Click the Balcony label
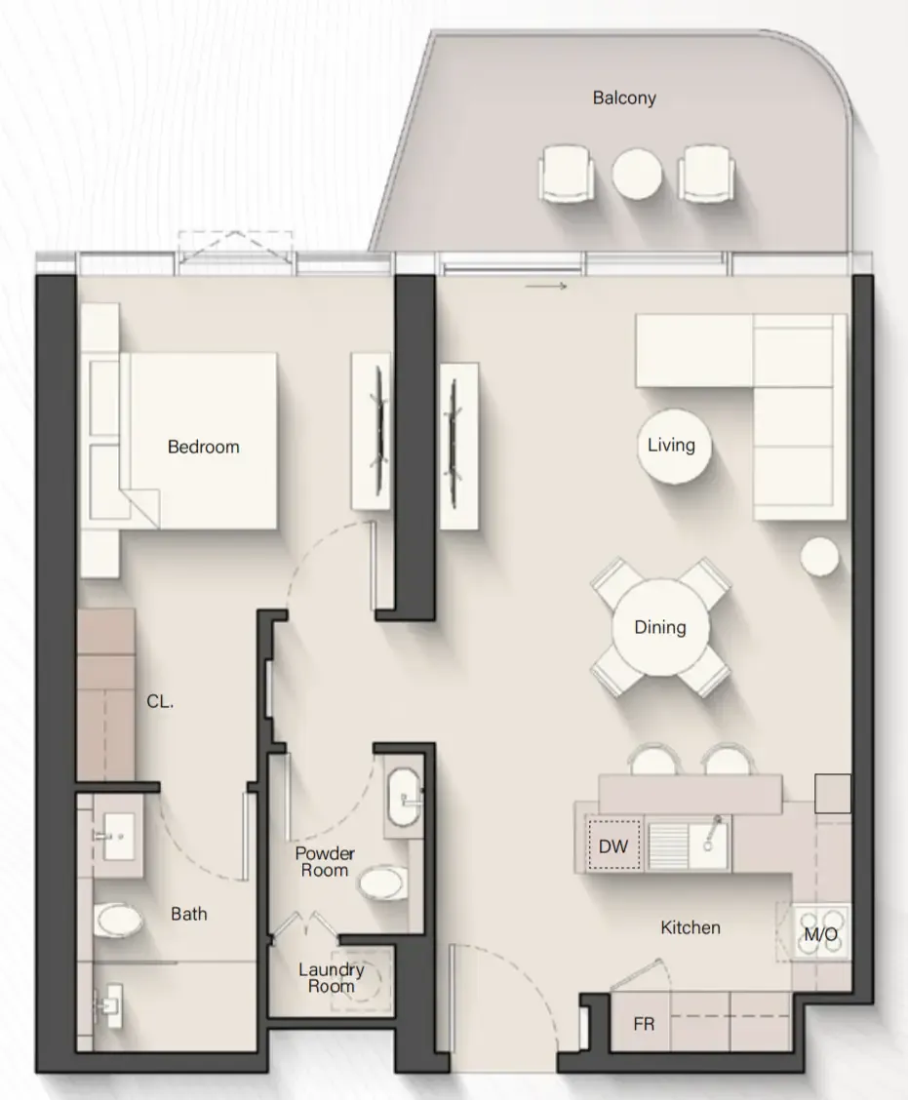click(624, 98)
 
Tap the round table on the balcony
click(637, 174)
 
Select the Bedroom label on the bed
click(204, 447)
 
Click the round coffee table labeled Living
click(674, 447)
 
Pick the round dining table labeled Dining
click(659, 627)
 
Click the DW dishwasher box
click(614, 845)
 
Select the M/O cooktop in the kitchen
click(820, 933)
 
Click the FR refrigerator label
click(644, 1024)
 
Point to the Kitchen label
click(691, 927)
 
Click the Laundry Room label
click(332, 978)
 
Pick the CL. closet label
click(160, 701)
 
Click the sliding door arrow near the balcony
click(545, 287)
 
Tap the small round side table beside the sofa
click(819, 556)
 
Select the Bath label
click(189, 914)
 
